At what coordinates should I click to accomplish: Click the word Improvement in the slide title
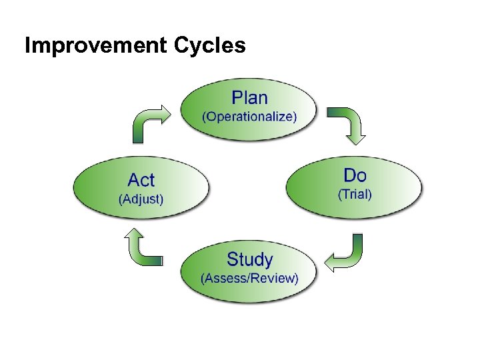click(95, 46)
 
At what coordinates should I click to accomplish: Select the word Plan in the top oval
click(249, 98)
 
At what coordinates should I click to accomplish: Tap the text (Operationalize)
click(249, 117)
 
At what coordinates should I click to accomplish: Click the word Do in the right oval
click(355, 175)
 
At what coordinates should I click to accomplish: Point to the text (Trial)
click(355, 195)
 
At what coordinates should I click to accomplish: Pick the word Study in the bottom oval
click(249, 259)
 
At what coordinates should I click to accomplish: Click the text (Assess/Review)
click(249, 278)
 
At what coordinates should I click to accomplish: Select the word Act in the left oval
click(141, 180)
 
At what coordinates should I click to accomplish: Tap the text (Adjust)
click(141, 199)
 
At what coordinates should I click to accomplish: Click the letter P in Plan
click(237, 98)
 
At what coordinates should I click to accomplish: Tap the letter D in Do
click(350, 175)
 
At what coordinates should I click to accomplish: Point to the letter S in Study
click(233, 259)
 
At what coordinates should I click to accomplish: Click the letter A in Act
click(133, 180)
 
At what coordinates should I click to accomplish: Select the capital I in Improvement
click(27, 46)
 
